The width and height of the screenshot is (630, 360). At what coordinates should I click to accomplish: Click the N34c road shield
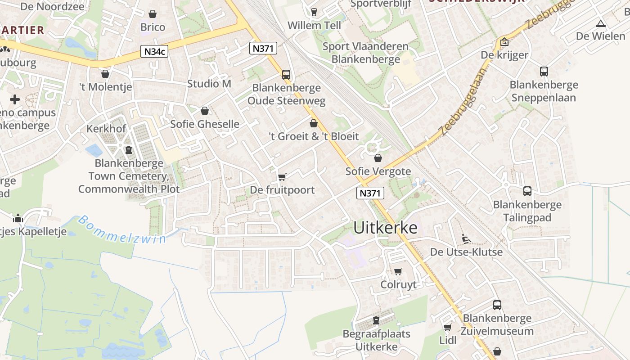154,52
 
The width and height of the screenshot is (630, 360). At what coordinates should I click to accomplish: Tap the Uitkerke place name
385,228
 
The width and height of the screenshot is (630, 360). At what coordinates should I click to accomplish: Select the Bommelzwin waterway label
122,230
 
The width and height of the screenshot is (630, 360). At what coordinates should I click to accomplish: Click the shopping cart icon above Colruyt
398,271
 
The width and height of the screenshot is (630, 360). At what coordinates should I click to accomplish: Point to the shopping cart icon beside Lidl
447,327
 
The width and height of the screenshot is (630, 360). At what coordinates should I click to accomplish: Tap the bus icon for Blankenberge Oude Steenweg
286,75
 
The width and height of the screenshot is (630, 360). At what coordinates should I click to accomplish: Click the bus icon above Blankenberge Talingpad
527,191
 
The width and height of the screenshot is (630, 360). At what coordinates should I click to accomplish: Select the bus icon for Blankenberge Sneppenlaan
544,71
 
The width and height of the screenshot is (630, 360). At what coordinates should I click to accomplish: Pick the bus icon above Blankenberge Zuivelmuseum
497,305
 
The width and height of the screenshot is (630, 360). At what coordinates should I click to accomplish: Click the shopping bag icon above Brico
153,14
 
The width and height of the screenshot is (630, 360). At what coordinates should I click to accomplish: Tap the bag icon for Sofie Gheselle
205,111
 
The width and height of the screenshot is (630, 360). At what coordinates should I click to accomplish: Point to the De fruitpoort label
282,190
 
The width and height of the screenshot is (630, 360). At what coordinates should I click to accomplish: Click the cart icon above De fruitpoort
282,177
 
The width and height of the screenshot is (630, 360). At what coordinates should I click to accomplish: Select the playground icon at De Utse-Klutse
466,238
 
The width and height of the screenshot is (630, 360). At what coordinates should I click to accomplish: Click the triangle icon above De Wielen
600,23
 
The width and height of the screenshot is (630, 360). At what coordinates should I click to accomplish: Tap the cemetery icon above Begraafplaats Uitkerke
376,320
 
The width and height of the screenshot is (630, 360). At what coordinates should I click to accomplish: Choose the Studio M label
209,84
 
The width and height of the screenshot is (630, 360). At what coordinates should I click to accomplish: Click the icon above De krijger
504,42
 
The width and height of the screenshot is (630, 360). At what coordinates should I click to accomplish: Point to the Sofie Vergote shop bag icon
378,158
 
